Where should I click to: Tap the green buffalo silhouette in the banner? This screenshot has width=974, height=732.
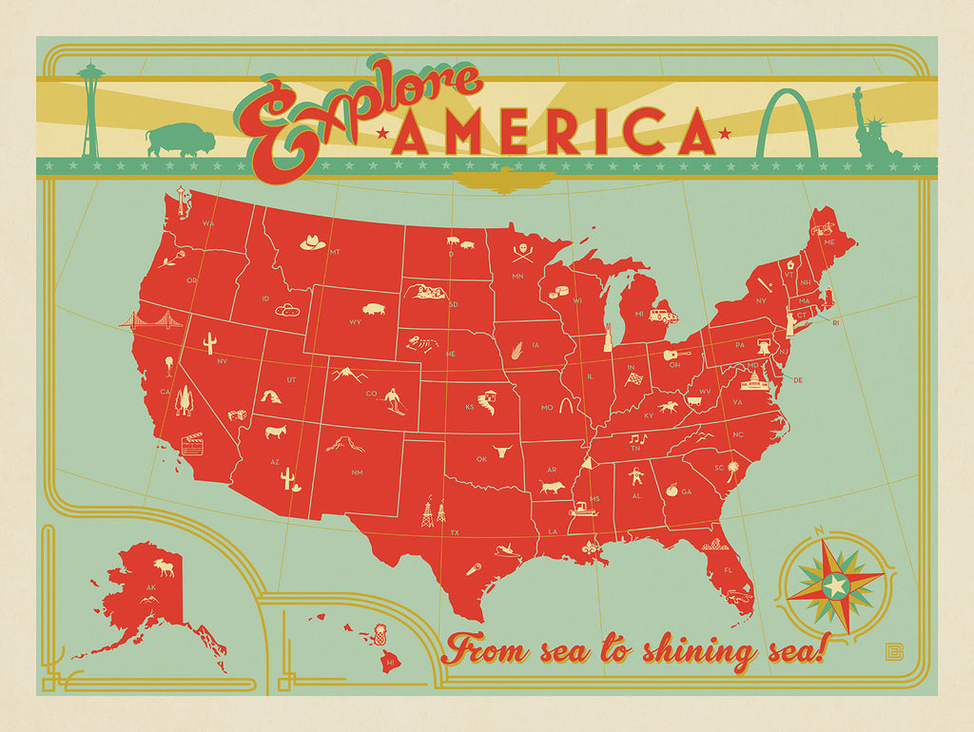click(179, 141)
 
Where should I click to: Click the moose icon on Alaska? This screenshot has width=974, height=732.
click(163, 569)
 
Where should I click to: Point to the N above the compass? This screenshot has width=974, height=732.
click(819, 531)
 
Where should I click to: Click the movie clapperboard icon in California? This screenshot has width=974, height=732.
click(193, 443)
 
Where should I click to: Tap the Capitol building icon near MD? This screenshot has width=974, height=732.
click(750, 380)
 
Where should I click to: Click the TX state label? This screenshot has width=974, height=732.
click(455, 532)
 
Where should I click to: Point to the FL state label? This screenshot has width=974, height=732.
click(728, 570)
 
